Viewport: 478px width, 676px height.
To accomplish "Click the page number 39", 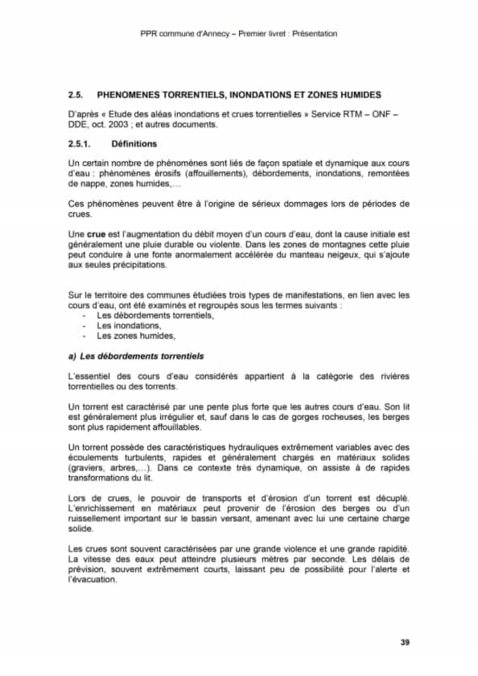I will click(x=405, y=642).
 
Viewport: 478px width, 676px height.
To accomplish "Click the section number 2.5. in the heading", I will click(x=76, y=95).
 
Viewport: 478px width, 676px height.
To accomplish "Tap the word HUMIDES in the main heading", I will click(x=360, y=95).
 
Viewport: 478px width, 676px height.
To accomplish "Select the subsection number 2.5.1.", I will click(x=79, y=144).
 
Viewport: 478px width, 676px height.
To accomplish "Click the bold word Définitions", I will click(x=134, y=144).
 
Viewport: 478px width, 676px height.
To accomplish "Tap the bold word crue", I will click(x=96, y=234).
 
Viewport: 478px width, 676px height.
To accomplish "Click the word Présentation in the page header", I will click(x=315, y=34).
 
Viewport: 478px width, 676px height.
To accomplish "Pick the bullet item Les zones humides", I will click(x=136, y=336).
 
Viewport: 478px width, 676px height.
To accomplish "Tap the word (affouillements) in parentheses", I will click(x=216, y=173).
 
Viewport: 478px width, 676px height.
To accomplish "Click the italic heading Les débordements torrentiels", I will click(x=141, y=356).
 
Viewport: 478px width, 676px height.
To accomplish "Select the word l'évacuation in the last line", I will click(x=92, y=580).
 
